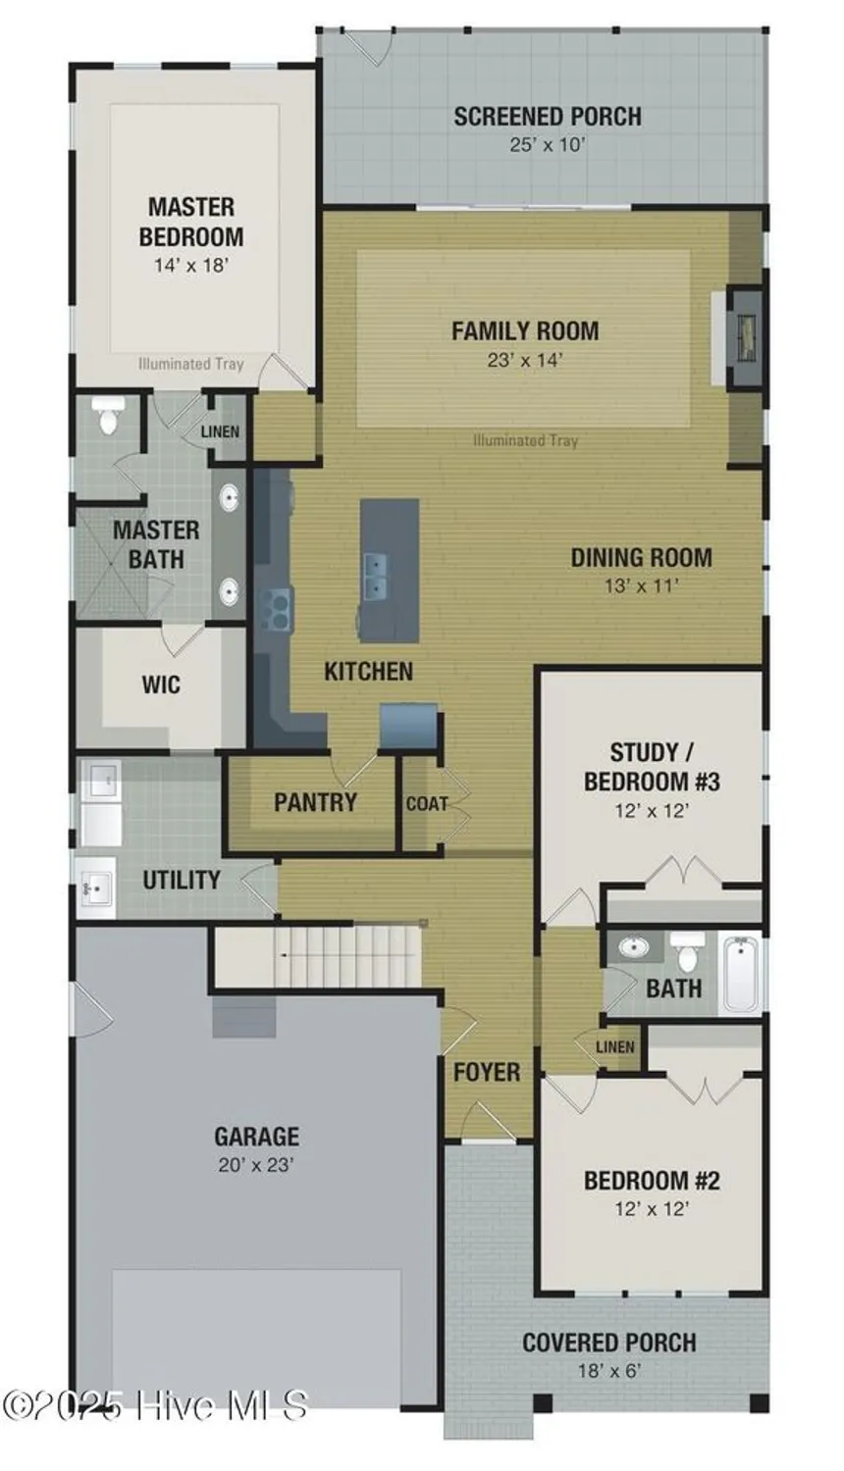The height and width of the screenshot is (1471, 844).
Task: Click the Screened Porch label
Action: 547,117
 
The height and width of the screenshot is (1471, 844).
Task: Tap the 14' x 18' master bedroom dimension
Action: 191,265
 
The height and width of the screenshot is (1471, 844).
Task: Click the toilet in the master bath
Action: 107,416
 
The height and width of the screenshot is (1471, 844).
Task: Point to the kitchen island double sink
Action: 374,576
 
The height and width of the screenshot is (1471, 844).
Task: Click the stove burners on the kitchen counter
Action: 275,606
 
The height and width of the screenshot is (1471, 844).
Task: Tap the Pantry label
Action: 315,802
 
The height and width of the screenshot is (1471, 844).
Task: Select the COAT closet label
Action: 426,804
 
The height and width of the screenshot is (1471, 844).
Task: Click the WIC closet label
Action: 161,684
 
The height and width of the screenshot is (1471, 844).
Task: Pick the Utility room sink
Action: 96,888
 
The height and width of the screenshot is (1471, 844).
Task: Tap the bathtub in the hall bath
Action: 741,974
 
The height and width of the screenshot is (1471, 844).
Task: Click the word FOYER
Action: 486,1072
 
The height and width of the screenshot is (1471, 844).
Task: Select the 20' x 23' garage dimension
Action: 256,1165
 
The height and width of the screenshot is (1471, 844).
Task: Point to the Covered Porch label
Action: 608,1343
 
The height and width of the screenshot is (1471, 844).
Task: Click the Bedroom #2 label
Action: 652,1180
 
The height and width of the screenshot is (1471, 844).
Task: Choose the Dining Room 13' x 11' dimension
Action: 642,586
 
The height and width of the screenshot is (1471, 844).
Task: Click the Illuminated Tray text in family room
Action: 525,440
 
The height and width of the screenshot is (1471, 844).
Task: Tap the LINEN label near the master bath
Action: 220,431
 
